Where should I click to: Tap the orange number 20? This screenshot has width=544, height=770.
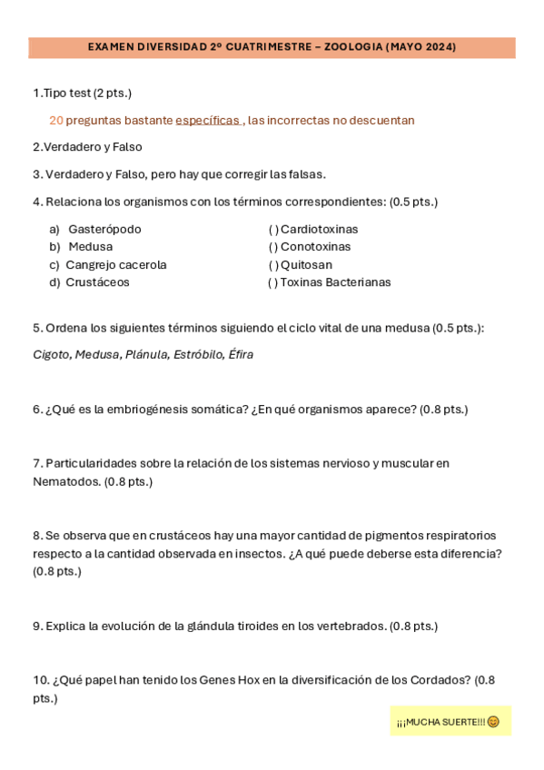click(x=56, y=120)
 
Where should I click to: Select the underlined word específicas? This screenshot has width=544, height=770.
click(x=207, y=120)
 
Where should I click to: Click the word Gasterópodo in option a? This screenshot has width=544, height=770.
click(x=104, y=229)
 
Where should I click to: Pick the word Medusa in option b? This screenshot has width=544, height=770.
click(x=91, y=247)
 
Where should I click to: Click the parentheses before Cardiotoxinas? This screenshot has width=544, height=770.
click(x=273, y=229)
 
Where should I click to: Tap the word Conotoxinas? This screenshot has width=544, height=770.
click(x=315, y=247)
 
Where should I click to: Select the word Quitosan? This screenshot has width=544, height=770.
click(x=306, y=265)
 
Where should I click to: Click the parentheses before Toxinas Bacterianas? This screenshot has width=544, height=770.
click(x=272, y=282)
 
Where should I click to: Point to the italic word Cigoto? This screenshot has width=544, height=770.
click(x=51, y=354)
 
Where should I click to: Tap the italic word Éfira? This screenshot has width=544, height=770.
click(x=241, y=354)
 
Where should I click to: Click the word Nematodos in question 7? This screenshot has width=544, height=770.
click(x=66, y=481)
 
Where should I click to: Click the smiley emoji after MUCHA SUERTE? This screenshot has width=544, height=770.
click(x=493, y=722)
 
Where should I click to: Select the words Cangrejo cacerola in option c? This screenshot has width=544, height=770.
click(x=116, y=265)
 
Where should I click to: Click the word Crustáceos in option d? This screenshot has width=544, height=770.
click(x=98, y=282)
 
